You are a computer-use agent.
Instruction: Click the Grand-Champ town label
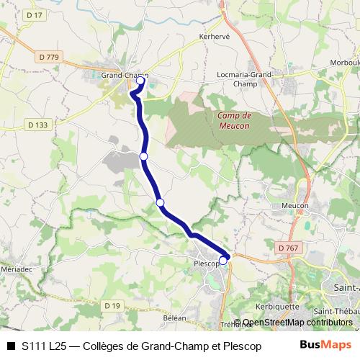point(124,75)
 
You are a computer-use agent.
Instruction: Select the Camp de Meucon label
point(233,120)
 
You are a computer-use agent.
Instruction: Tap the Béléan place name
point(174,318)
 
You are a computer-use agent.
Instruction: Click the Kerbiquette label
point(276,305)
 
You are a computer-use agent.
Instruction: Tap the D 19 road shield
point(112,305)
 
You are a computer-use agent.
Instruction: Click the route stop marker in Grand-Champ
point(141,81)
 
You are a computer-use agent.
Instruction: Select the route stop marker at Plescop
point(224,261)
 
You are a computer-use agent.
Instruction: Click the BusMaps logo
point(325,345)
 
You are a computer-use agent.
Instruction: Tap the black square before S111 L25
point(11,346)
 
